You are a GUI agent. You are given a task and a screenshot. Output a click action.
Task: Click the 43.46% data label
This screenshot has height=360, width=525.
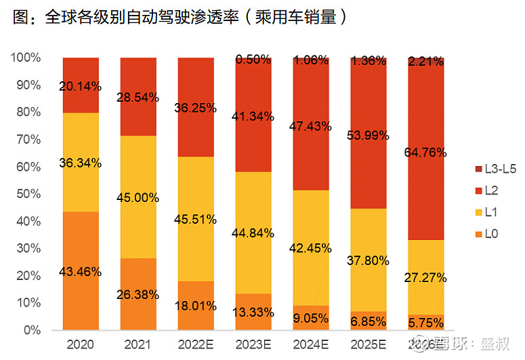click(81, 271)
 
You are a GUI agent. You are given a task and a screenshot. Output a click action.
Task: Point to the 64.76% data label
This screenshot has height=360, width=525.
click(426, 153)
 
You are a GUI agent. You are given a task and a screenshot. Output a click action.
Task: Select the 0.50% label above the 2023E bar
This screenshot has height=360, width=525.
click(253, 60)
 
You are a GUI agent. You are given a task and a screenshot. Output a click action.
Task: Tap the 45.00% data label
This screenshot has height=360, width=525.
click(138, 198)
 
